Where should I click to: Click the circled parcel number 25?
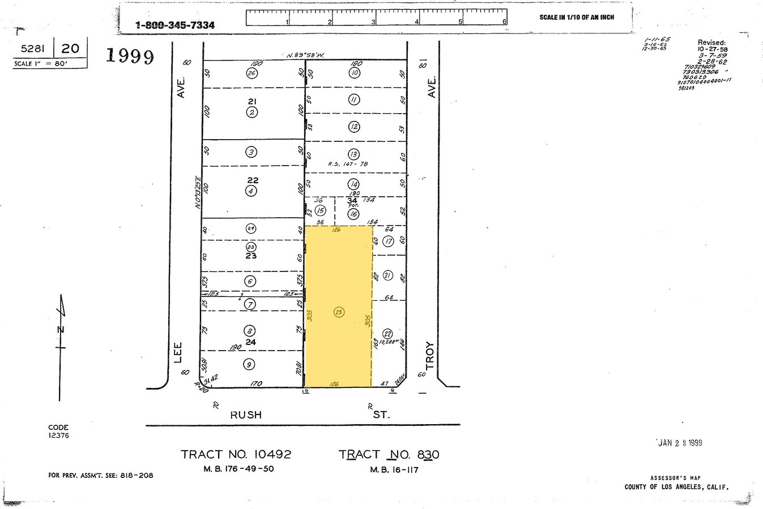click(339, 312)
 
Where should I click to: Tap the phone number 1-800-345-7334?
click(175, 25)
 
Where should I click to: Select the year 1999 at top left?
click(130, 56)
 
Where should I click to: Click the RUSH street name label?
click(246, 415)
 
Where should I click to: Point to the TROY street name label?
click(429, 355)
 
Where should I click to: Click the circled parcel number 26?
click(252, 73)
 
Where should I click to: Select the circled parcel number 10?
click(355, 72)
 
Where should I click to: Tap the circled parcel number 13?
click(354, 154)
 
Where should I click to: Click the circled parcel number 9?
click(249, 364)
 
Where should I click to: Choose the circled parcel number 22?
click(388, 333)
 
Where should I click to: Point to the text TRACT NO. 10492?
click(236, 454)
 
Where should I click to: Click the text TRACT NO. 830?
click(389, 454)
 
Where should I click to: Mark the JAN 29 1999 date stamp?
click(680, 443)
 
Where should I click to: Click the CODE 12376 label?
click(58, 432)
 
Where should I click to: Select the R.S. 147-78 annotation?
click(348, 164)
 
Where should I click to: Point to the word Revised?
click(711, 42)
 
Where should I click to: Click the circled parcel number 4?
click(252, 191)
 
